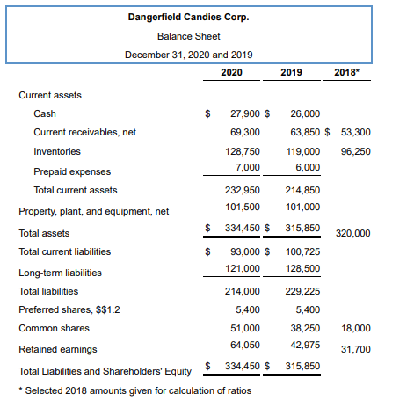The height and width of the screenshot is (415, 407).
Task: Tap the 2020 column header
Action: point(232,71)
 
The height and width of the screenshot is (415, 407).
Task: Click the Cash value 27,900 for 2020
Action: point(244,113)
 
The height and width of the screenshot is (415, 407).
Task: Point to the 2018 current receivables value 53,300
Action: point(355,133)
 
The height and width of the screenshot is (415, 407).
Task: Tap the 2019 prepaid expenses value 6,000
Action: point(308,167)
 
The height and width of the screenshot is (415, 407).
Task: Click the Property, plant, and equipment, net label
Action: point(94,211)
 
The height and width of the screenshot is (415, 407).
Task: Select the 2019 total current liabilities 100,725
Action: point(302,252)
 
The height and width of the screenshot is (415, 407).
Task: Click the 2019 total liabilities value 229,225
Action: point(302,291)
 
